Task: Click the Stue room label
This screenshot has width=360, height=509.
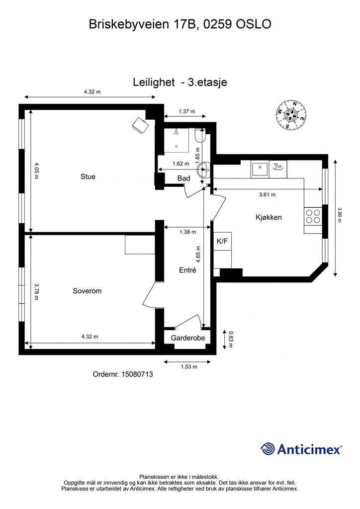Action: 88,176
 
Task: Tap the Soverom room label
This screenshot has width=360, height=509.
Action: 87,291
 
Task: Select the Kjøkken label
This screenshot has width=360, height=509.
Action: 269,217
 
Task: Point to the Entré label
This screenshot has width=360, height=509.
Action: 187,270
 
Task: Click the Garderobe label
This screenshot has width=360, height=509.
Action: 188,338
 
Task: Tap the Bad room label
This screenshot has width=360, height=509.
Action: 184,178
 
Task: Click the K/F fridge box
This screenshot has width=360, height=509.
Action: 222,241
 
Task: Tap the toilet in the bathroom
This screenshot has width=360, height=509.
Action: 199,136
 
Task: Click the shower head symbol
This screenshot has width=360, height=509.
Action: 176,132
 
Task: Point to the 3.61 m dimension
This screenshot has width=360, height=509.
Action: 267,195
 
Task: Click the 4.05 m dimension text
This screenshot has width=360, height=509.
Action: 36,170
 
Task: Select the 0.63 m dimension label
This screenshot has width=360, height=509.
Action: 231,339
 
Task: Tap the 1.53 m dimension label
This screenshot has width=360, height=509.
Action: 189,367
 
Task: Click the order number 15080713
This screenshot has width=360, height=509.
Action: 137,374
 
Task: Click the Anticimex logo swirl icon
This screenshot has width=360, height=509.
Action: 268,449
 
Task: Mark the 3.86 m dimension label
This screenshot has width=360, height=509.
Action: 340,215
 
